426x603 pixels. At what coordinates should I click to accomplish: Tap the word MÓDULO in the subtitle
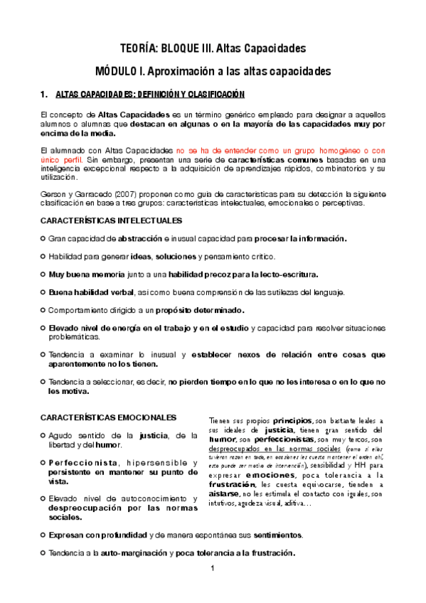[118, 72]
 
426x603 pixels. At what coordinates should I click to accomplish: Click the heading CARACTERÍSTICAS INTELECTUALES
[112, 221]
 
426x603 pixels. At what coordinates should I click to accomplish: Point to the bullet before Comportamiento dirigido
[43, 309]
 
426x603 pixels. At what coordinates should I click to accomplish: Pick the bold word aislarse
[228, 493]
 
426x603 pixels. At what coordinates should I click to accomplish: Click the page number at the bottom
[212, 569]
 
